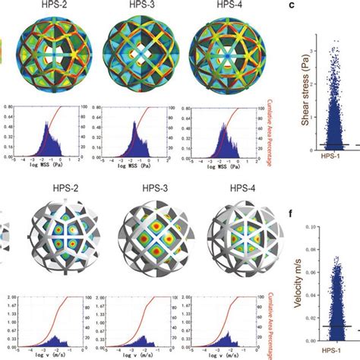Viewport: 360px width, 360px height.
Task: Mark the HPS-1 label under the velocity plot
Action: (x=331, y=354)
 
